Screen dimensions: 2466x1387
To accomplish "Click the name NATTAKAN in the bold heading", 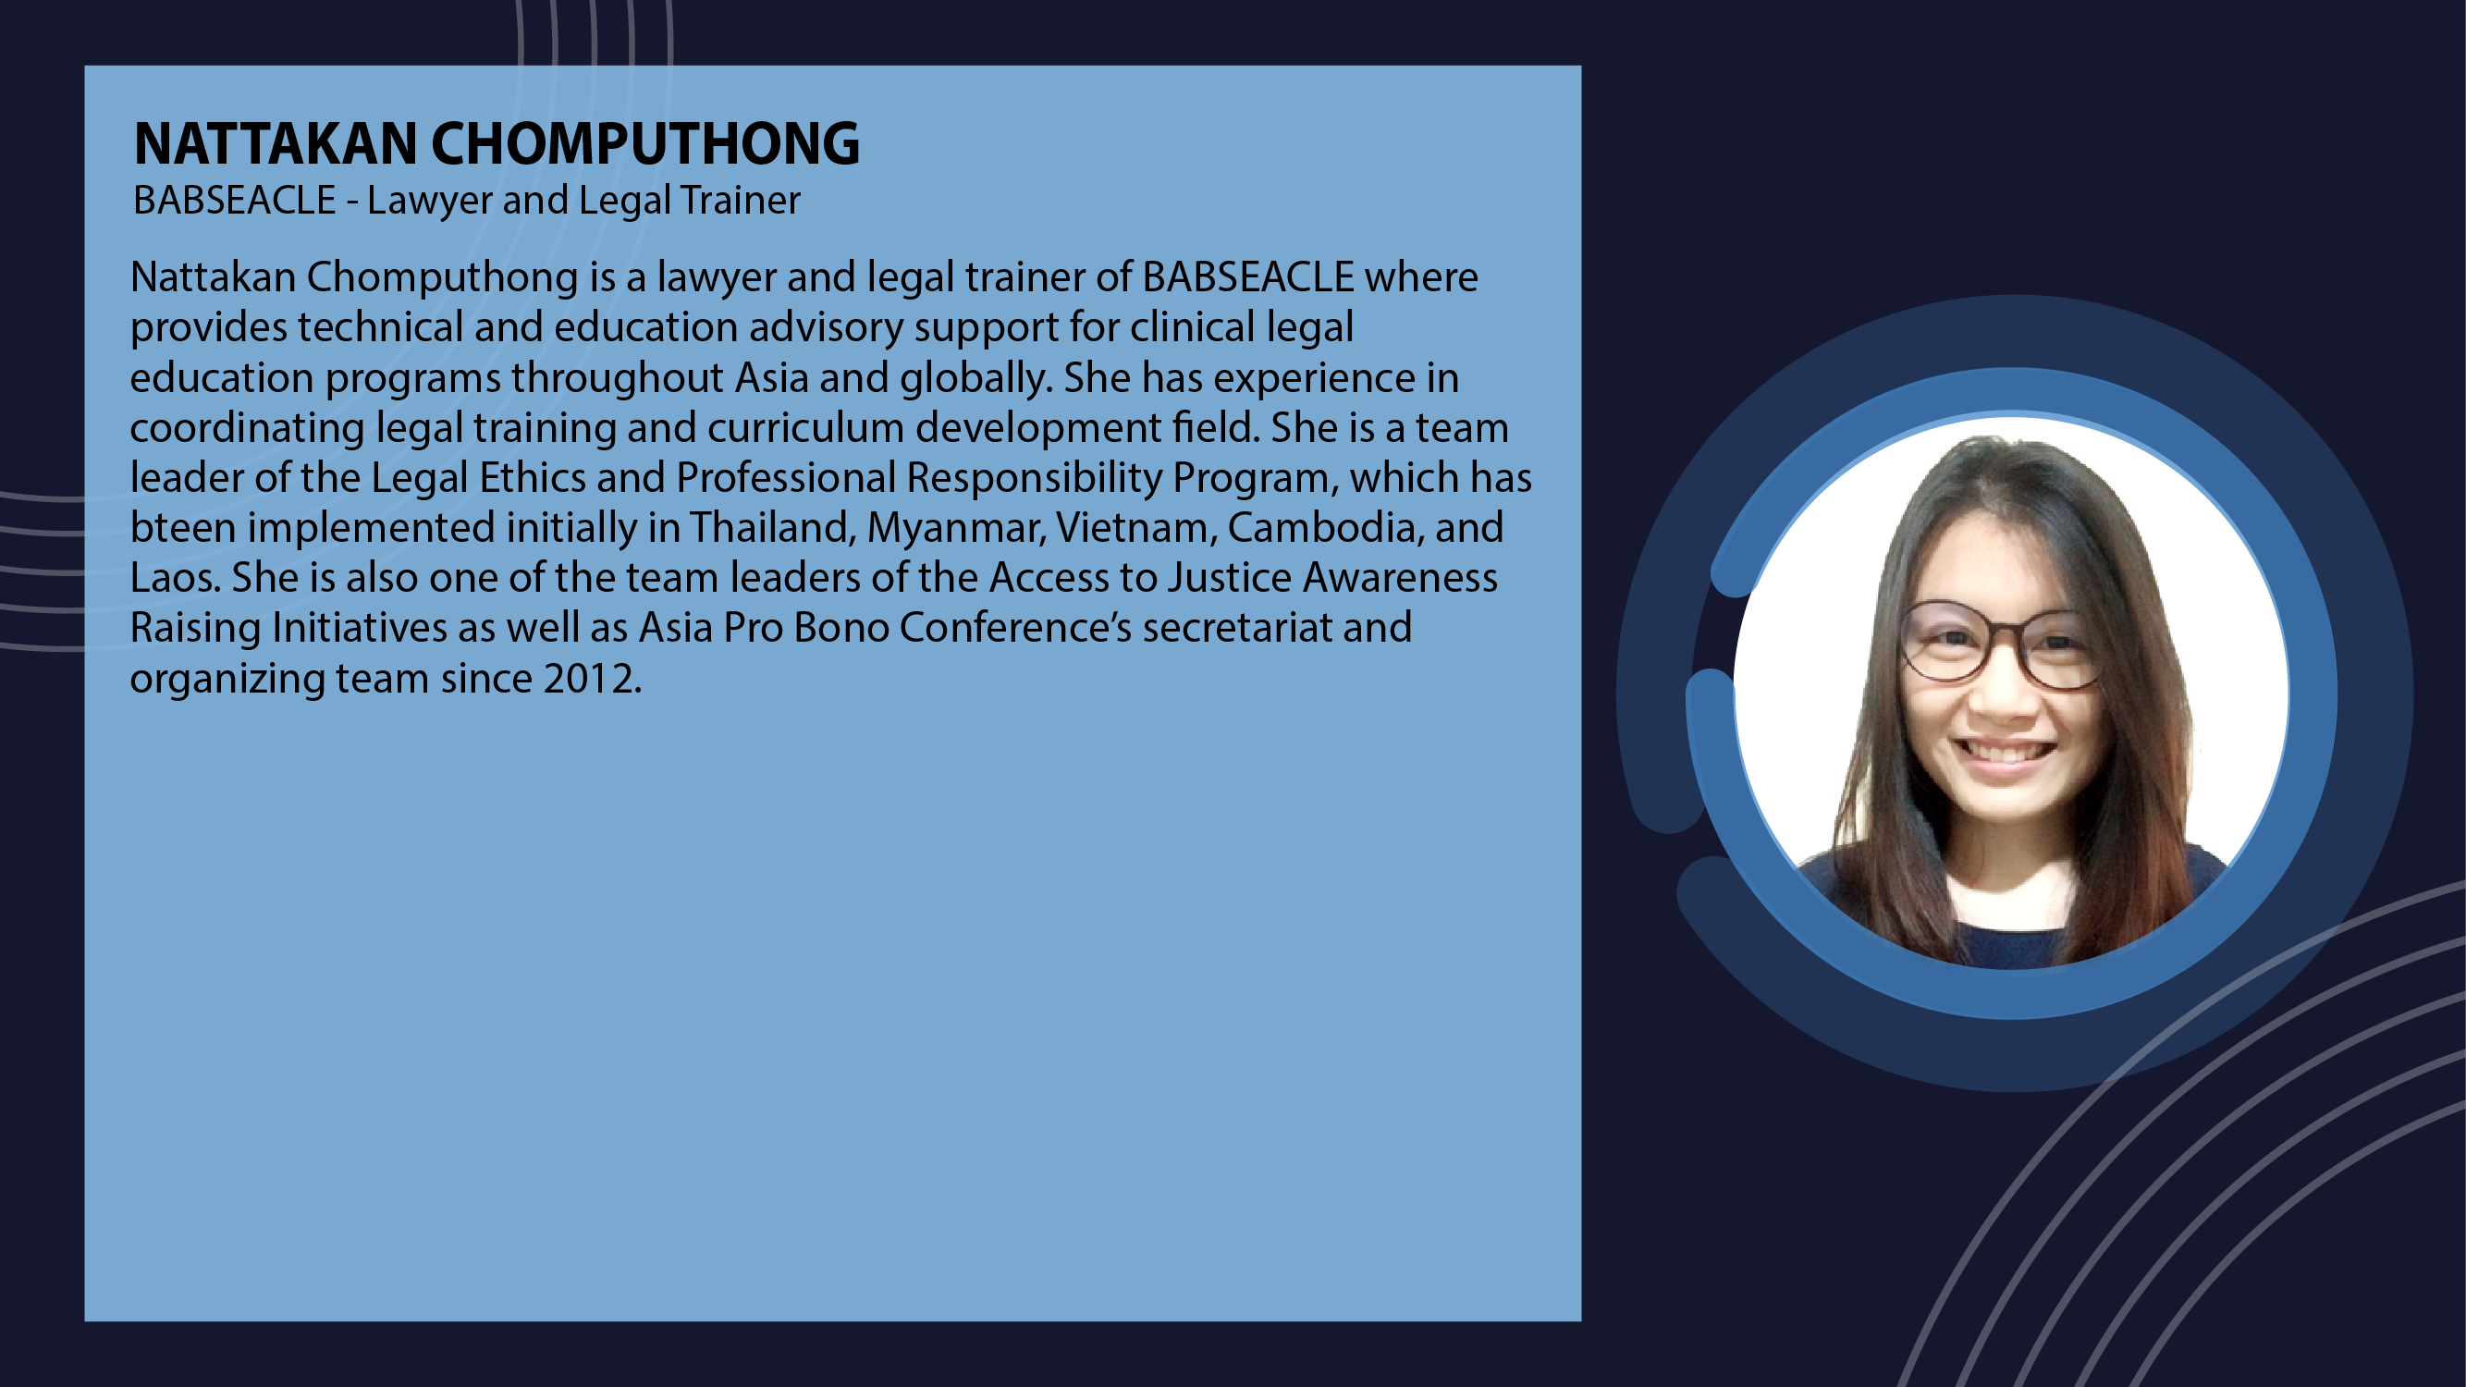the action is (x=276, y=143).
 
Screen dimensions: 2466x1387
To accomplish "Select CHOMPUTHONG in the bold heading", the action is (x=645, y=143).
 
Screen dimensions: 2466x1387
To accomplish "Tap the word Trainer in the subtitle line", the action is (x=740, y=200).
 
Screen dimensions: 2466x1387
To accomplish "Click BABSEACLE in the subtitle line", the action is (x=235, y=200).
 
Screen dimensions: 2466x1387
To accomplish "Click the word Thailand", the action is (x=773, y=527).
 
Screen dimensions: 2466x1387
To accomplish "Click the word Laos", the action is (x=175, y=578).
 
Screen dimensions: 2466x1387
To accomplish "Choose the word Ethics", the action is (x=533, y=478).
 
